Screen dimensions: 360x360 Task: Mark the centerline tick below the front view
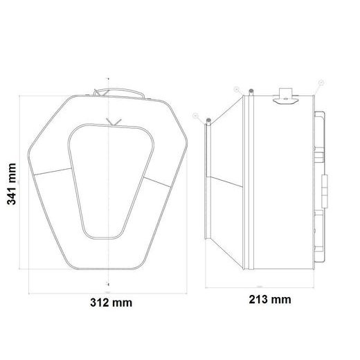[107, 283]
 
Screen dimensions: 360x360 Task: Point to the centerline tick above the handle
[107, 78]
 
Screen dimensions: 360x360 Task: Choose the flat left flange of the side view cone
[206, 180]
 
